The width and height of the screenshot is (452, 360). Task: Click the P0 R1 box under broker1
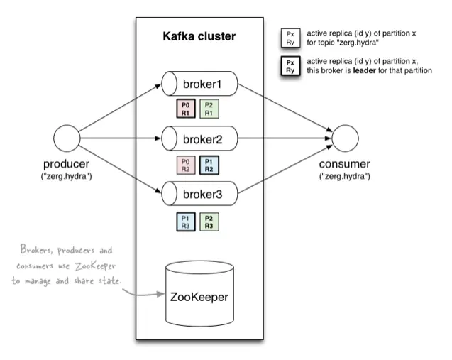(187, 108)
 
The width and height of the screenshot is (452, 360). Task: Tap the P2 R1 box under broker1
(209, 108)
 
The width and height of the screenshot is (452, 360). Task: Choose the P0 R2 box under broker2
(187, 164)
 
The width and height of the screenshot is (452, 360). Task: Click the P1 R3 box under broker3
(187, 221)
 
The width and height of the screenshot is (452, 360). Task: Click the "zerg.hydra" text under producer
(65, 175)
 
